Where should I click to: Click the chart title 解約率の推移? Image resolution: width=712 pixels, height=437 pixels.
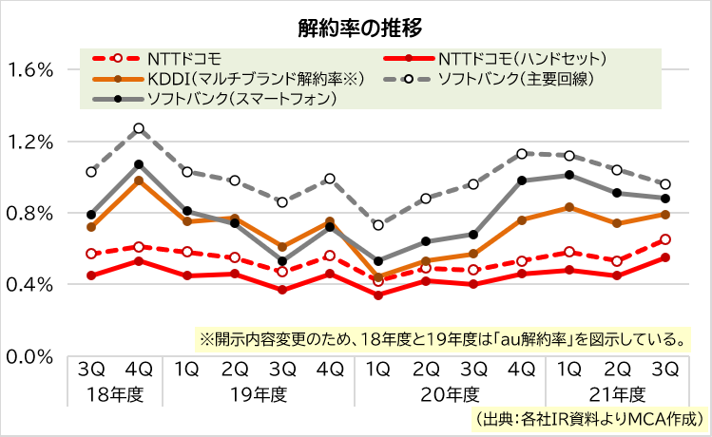(356, 25)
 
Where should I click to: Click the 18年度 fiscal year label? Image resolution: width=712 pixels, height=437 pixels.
(115, 393)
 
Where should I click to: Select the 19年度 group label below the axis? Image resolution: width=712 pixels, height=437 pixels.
(258, 393)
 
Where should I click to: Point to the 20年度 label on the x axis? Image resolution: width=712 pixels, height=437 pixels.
(449, 393)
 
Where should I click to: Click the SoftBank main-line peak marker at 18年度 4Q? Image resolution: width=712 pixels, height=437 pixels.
(139, 128)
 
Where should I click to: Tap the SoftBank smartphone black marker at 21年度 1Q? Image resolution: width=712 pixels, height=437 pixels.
(569, 175)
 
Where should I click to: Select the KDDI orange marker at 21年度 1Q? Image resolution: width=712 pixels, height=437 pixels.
(569, 207)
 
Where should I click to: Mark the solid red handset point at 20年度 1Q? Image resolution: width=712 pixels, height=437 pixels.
(378, 294)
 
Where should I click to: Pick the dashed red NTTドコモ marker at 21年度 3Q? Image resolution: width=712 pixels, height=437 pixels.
(665, 239)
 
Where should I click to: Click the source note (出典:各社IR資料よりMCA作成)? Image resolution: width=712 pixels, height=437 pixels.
(589, 418)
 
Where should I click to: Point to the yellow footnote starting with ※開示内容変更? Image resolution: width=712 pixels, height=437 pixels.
(442, 337)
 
